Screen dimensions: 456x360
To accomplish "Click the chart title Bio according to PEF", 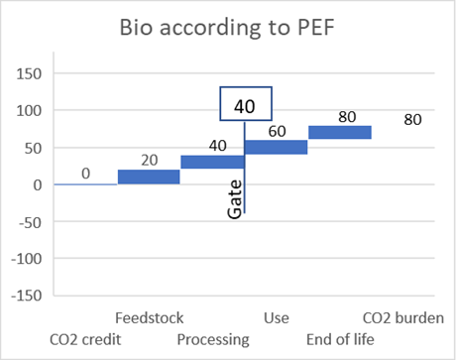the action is pyautogui.click(x=227, y=28).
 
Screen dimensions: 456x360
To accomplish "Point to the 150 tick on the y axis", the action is pyautogui.click(x=29, y=73).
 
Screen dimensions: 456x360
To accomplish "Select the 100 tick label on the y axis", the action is pyautogui.click(x=29, y=110).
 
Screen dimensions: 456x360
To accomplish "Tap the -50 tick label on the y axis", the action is pyautogui.click(x=30, y=222).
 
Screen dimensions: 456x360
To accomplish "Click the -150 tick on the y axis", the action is pyautogui.click(x=27, y=296).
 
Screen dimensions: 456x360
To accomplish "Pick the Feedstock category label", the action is pyautogui.click(x=149, y=318).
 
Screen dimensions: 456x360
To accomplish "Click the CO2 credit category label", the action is pyautogui.click(x=85, y=339).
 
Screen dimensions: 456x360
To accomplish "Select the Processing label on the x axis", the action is pyautogui.click(x=213, y=340).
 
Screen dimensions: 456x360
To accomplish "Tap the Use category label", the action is pyautogui.click(x=277, y=318).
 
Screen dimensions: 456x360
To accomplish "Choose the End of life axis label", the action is pyautogui.click(x=340, y=339).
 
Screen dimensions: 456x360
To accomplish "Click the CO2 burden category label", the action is pyautogui.click(x=403, y=318).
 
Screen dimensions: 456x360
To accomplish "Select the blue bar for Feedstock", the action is pyautogui.click(x=149, y=177).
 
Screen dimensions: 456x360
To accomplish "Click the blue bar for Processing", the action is pyautogui.click(x=212, y=162).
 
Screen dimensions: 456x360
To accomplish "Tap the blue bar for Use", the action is pyautogui.click(x=277, y=147).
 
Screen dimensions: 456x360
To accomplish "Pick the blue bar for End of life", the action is pyautogui.click(x=340, y=132).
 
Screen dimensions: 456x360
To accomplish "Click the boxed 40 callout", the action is pyautogui.click(x=246, y=104).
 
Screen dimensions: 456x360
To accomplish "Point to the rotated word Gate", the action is pyautogui.click(x=235, y=199).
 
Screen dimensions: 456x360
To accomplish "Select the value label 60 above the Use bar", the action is pyautogui.click(x=277, y=132).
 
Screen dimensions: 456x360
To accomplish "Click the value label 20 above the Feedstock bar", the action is pyautogui.click(x=150, y=161).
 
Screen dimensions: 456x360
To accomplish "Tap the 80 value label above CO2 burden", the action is pyautogui.click(x=412, y=120).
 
